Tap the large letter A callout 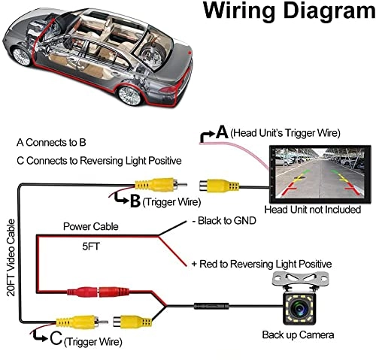pyautogui.click(x=222, y=132)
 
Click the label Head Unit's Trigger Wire pyautogui.click(x=285, y=133)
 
